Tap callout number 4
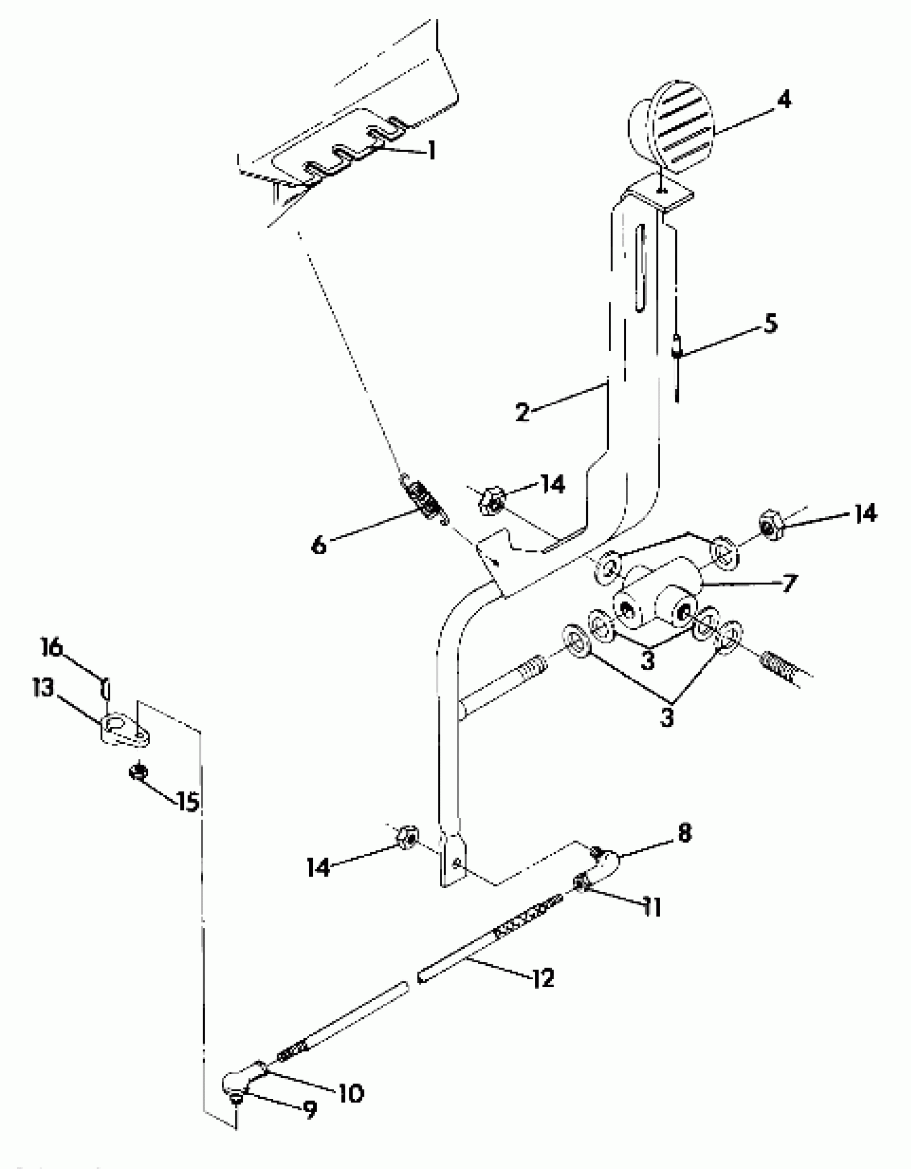(x=783, y=100)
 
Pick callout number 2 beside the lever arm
(x=522, y=412)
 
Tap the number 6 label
(x=319, y=546)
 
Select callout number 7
(x=788, y=583)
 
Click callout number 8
(x=685, y=833)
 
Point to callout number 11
(x=652, y=907)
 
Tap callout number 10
(x=350, y=1093)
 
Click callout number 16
(x=53, y=649)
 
